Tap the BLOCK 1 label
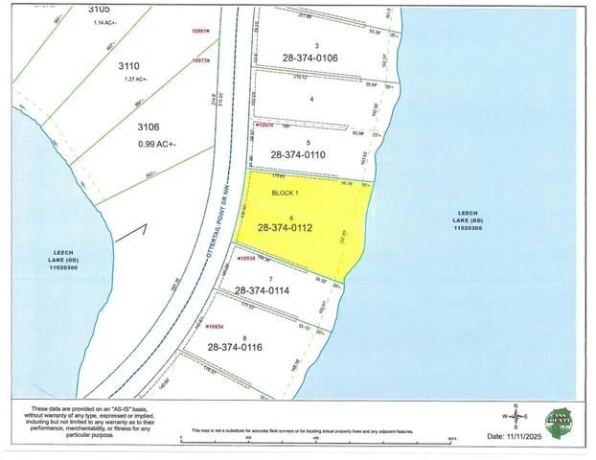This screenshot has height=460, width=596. tap(260, 192)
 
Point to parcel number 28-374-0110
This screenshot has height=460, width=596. tap(305, 153)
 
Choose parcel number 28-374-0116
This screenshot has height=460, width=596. tap(241, 347)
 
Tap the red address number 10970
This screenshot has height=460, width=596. tap(265, 124)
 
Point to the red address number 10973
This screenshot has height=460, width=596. tap(201, 60)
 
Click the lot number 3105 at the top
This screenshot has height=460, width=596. tap(99, 9)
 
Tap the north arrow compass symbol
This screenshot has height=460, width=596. tap(515, 417)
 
